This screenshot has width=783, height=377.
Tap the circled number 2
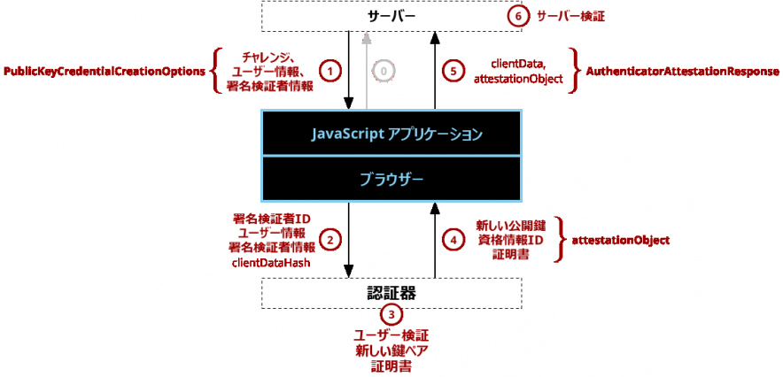(x=330, y=239)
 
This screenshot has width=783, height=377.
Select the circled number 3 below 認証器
(x=391, y=314)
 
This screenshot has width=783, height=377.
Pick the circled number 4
(x=453, y=239)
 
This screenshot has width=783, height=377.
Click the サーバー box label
(x=391, y=16)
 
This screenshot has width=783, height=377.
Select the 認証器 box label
(x=391, y=292)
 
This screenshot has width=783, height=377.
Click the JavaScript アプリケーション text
(x=391, y=135)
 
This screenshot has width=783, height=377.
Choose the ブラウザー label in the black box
(x=391, y=179)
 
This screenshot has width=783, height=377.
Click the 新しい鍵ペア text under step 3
(x=391, y=350)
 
